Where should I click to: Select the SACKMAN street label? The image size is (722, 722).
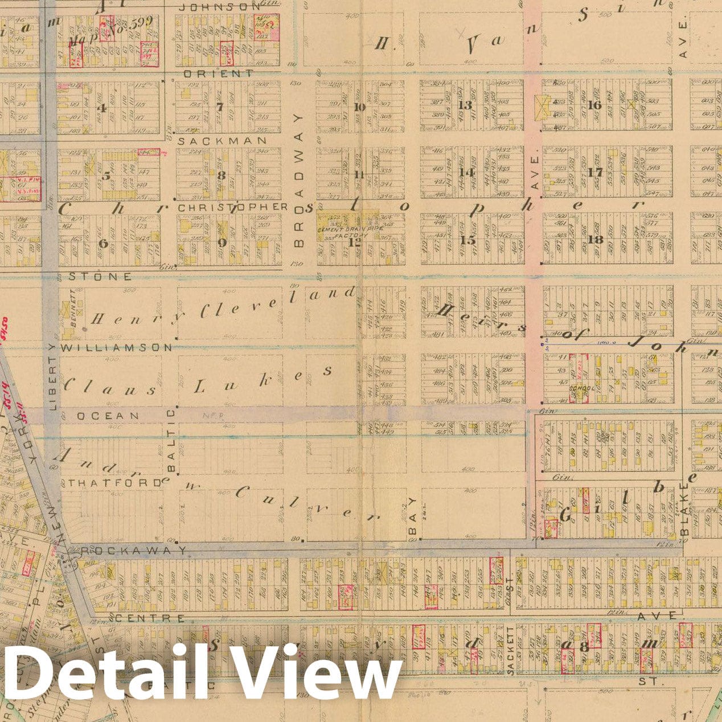point(223,140)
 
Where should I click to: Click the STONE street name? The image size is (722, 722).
point(100,277)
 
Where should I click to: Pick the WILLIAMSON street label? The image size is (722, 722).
point(116,347)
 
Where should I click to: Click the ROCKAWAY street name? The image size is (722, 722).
point(133,551)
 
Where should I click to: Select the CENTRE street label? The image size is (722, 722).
point(150,618)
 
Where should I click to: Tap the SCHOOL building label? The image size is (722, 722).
point(582,389)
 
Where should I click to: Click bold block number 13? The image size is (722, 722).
point(466,105)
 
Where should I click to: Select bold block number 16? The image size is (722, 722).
point(595,105)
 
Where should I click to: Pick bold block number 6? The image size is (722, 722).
point(103,244)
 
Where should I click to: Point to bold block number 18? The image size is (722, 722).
point(596,240)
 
